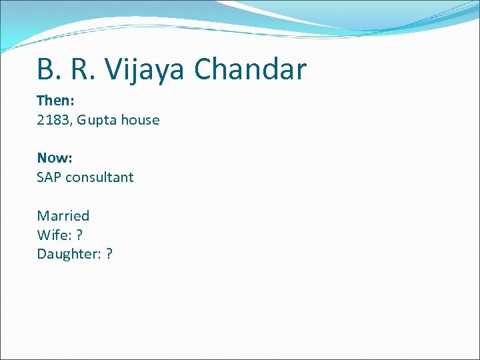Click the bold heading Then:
click(x=55, y=101)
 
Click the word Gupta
click(x=97, y=121)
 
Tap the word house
click(x=139, y=120)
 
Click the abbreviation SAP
click(x=49, y=177)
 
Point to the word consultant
click(x=99, y=177)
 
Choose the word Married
click(x=63, y=215)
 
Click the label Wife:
click(x=52, y=235)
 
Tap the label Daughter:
click(x=67, y=254)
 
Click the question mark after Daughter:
click(x=109, y=254)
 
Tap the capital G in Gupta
click(x=82, y=120)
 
